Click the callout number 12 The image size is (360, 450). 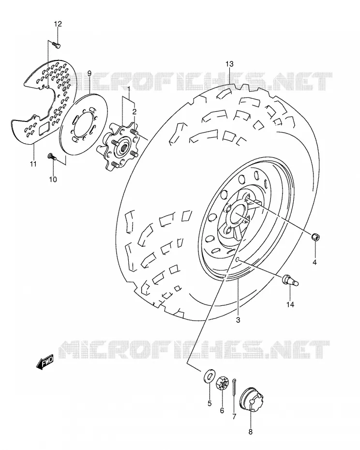point(58,24)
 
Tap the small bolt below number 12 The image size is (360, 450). point(57,45)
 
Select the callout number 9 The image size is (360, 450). point(90,74)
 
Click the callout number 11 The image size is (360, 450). point(33,164)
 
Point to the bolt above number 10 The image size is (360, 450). point(52,156)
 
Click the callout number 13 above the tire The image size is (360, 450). point(230,64)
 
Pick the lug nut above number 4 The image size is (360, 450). point(316,237)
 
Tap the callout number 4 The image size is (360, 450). point(315,262)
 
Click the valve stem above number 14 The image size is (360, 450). point(291,280)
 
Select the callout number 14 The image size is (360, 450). point(290,304)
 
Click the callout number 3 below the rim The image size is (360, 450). point(238,320)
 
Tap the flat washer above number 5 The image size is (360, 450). point(210,376)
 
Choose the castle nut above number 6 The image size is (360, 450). point(222,383)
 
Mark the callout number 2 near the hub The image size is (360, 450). point(134,111)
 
